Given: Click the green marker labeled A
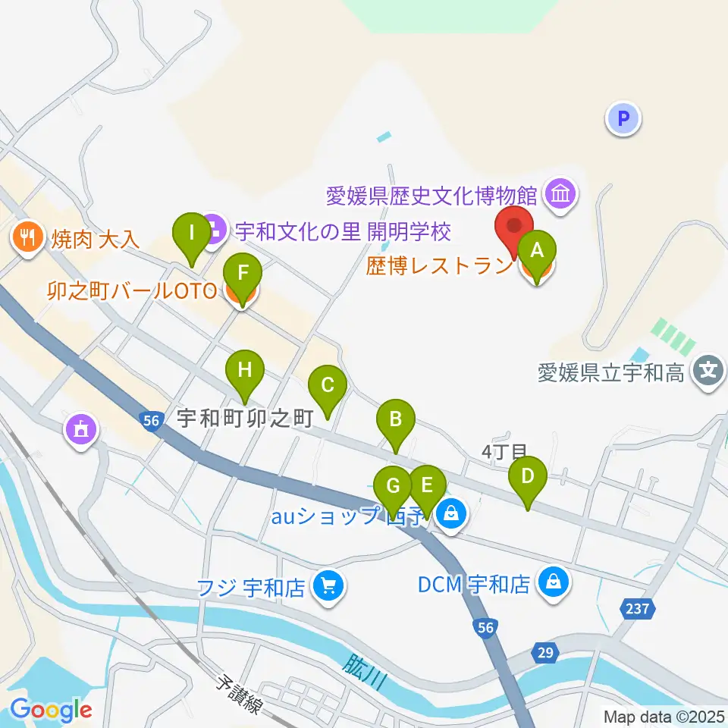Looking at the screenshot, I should pyautogui.click(x=536, y=251).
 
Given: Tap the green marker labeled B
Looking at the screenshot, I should pyautogui.click(x=395, y=420).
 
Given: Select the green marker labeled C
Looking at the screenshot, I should pyautogui.click(x=327, y=386).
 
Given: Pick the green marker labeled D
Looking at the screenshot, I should pyautogui.click(x=527, y=478).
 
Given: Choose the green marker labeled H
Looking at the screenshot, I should pyautogui.click(x=244, y=372).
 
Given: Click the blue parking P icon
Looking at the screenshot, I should pyautogui.click(x=623, y=118).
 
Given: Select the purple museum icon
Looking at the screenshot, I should pyautogui.click(x=561, y=196).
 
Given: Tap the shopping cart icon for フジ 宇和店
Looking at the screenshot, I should pyautogui.click(x=328, y=586).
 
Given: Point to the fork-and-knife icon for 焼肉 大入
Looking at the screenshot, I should pyautogui.click(x=28, y=239).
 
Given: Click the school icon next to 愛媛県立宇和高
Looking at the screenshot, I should pyautogui.click(x=708, y=372).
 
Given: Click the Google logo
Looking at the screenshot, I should pyautogui.click(x=50, y=710).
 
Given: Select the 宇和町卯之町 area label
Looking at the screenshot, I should pyautogui.click(x=245, y=418).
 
